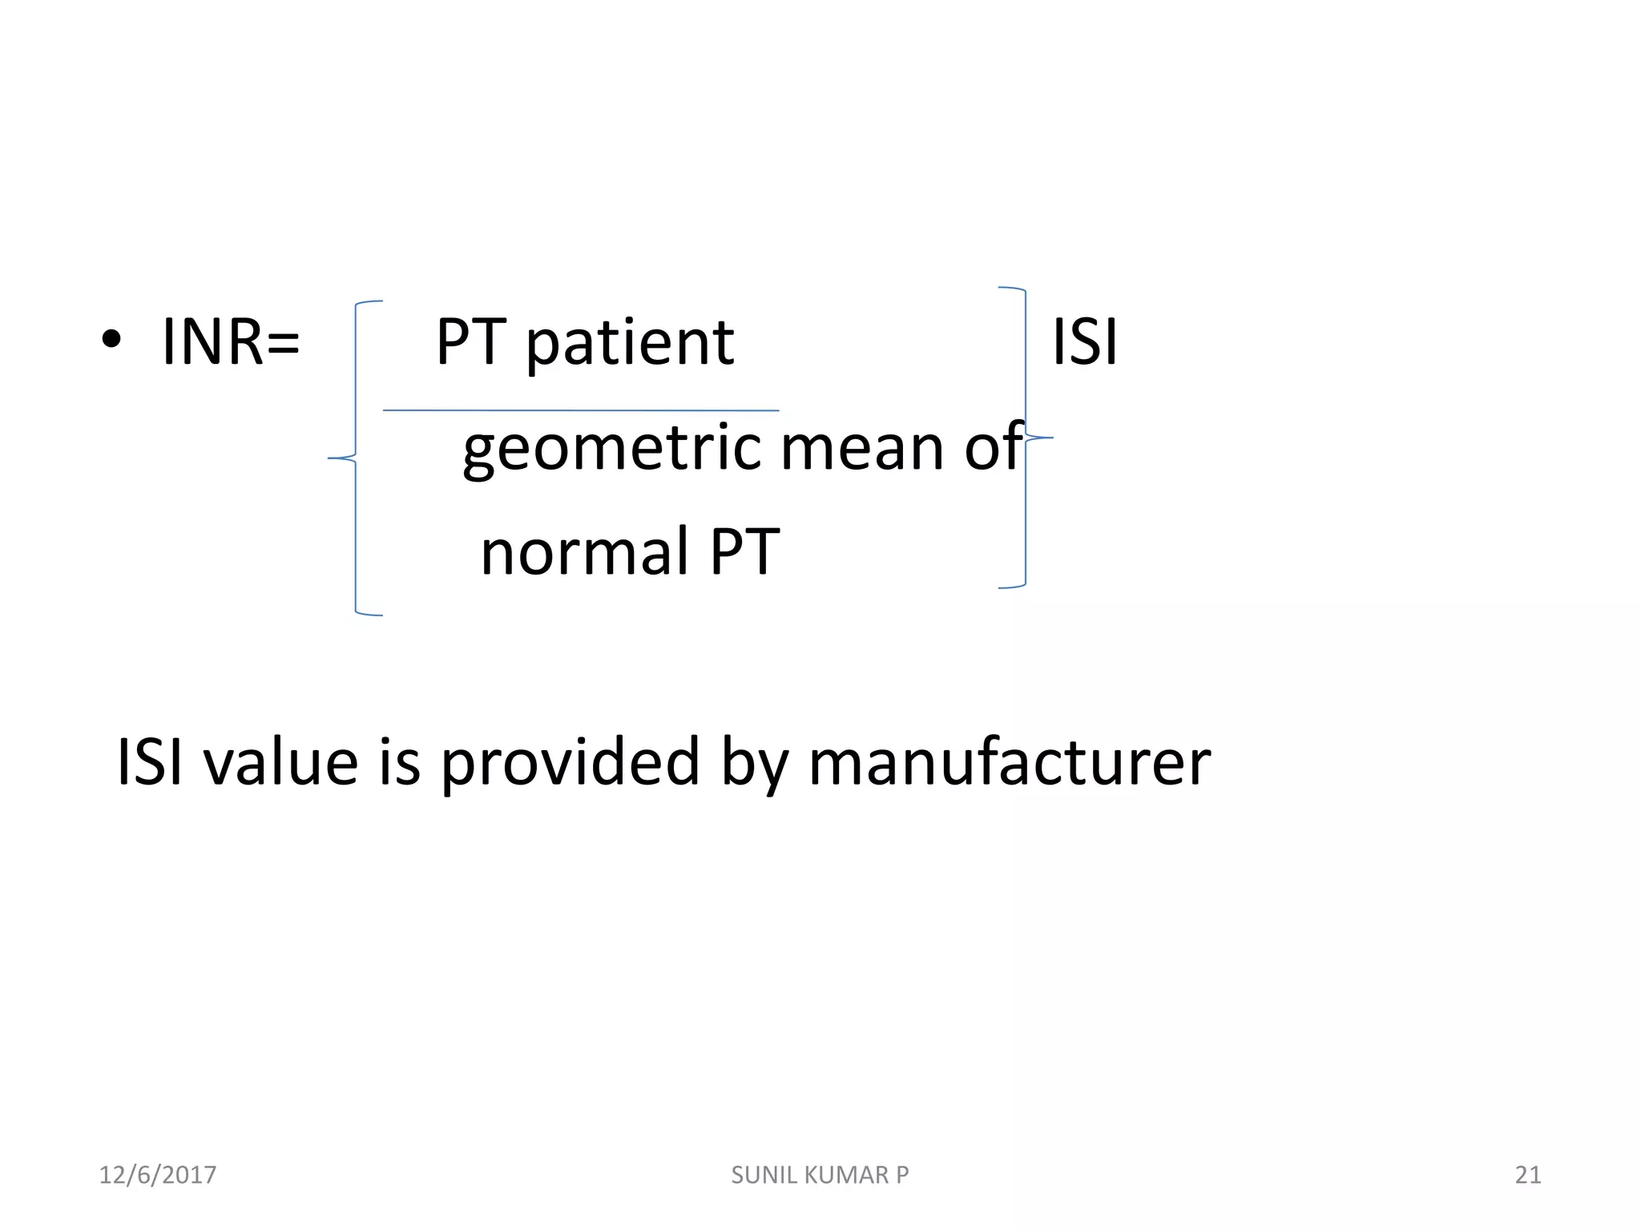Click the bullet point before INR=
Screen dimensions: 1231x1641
coord(111,341)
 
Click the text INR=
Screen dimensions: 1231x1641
coord(231,342)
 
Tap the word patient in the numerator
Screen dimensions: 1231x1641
coord(630,344)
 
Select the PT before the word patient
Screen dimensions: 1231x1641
coord(471,342)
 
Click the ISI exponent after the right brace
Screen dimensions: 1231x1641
coord(1084,342)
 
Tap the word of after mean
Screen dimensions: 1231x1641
coord(994,446)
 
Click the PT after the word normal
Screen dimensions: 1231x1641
coord(744,552)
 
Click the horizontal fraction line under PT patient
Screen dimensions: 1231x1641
coord(581,410)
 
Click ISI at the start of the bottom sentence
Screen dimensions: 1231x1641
coord(150,761)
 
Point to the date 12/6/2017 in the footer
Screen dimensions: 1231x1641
coord(158,1175)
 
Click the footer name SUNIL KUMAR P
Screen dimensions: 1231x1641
coord(820,1175)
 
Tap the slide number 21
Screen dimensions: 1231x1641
coord(1527,1175)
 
